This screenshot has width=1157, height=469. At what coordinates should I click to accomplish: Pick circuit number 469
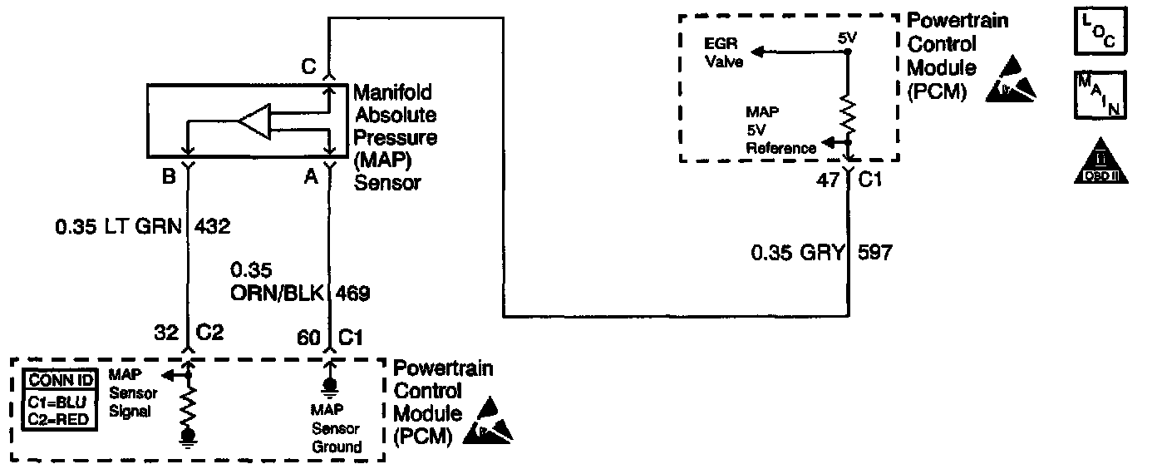tap(353, 292)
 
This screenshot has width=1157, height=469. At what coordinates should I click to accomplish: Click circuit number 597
tap(875, 252)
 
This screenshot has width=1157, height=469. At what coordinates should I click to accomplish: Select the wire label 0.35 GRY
tap(796, 252)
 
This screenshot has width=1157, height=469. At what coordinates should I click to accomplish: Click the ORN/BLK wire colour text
tap(279, 292)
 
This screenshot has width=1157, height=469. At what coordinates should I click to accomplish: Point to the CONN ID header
tap(62, 381)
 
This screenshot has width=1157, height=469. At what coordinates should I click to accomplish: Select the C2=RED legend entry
tap(62, 418)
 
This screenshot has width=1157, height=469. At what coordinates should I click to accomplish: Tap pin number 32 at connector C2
tap(166, 334)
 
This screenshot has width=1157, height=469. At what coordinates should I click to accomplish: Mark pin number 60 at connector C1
tap(309, 337)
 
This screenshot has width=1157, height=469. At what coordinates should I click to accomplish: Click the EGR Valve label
tap(724, 52)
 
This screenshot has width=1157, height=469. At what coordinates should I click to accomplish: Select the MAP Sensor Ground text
tap(335, 428)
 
